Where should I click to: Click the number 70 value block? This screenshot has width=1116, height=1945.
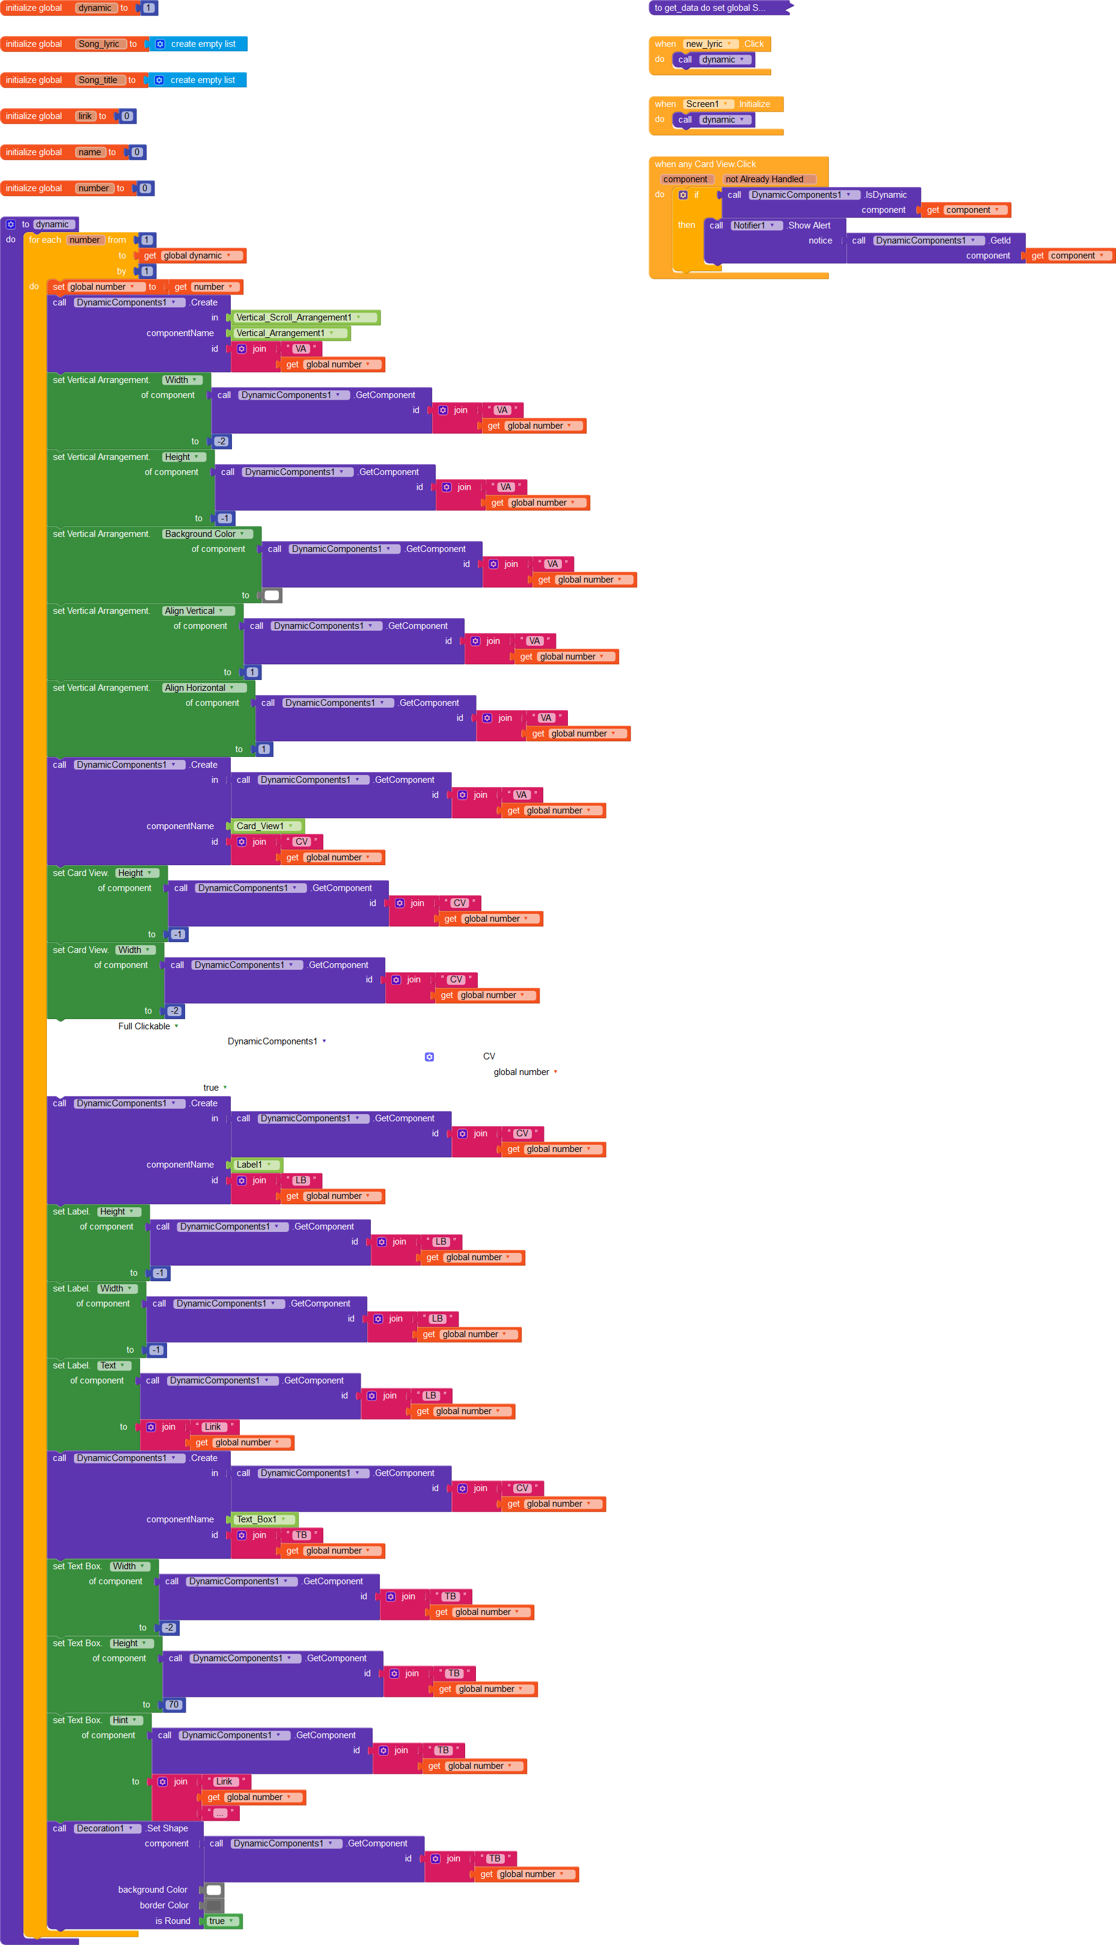(173, 1705)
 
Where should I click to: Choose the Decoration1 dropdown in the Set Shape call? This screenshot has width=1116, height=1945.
(104, 1828)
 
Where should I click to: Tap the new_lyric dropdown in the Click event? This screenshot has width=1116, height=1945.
(707, 44)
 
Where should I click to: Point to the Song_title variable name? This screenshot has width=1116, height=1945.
(98, 80)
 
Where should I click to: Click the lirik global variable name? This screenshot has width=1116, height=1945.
(85, 116)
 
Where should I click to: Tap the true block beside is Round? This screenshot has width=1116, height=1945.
(221, 1920)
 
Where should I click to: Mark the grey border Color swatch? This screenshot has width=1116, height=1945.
(214, 1905)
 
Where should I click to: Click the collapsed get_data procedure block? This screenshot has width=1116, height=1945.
(717, 8)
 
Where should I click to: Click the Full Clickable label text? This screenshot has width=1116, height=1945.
(144, 1026)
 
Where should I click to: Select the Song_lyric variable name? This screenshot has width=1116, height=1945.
(100, 44)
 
